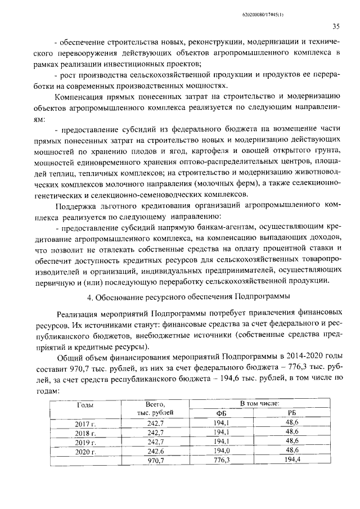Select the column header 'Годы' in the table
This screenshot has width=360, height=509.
click(x=85, y=404)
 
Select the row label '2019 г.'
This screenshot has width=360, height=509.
click(x=85, y=442)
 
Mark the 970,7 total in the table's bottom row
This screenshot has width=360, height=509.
click(x=155, y=461)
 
